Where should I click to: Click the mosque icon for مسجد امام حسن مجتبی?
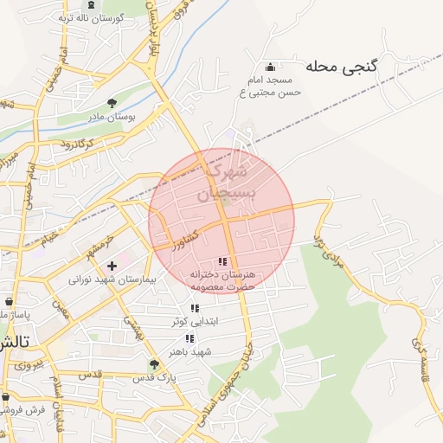tap(271, 67)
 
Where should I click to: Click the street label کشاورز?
tap(185, 234)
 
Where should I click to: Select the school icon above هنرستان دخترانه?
tap(222, 261)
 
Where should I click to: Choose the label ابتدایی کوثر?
tap(193, 321)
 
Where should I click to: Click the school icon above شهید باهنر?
tap(189, 338)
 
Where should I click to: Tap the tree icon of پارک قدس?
tap(154, 364)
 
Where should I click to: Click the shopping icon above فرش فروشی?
tap(5, 397)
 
